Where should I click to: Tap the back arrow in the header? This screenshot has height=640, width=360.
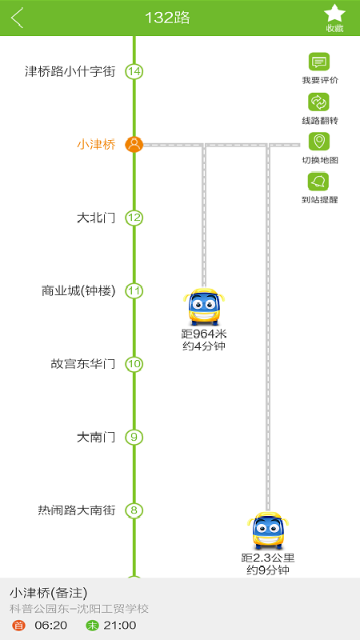(17, 18)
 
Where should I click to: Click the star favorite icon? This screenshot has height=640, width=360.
(334, 13)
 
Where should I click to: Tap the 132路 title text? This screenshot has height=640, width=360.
(167, 18)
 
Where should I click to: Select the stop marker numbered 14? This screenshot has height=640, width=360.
(134, 72)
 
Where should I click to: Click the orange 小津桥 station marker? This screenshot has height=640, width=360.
(134, 145)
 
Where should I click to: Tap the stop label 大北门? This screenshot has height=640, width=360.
(96, 218)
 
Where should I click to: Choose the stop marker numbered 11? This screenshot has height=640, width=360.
(134, 291)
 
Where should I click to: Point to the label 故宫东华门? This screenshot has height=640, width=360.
(83, 364)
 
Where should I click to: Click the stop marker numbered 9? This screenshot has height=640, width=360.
(134, 437)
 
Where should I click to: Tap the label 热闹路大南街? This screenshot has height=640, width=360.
(77, 510)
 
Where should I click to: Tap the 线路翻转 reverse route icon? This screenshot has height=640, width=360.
(318, 102)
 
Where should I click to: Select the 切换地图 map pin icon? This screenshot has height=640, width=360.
(318, 142)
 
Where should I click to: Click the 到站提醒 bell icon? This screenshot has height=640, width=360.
(318, 182)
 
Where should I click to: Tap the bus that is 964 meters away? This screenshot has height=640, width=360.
(204, 306)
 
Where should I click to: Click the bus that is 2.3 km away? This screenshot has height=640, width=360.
(268, 530)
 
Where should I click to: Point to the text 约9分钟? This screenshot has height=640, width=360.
(268, 570)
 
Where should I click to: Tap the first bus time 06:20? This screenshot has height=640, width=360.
(51, 626)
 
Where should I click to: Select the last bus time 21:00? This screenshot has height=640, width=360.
(119, 626)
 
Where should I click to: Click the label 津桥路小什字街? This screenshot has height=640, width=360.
(70, 72)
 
